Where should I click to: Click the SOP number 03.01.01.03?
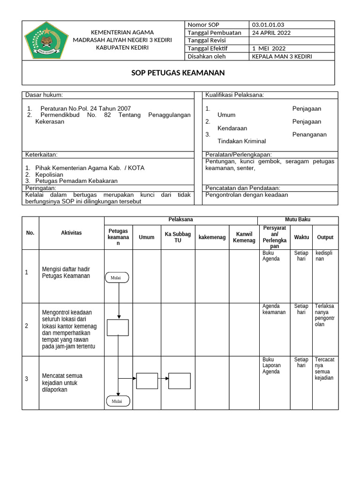[268, 25]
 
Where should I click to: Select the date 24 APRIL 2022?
[271, 33]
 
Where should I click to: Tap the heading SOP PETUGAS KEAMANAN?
[178, 73]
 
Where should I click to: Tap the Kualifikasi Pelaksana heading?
[234, 95]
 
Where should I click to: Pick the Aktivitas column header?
[71, 233]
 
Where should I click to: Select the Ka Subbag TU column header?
[178, 237]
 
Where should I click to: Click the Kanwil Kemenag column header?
[244, 237]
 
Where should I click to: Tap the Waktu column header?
[301, 237]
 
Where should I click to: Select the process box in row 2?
[118, 327]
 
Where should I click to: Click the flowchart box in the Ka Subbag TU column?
[180, 381]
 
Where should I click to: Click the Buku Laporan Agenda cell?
[272, 366]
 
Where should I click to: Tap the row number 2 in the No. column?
[27, 326]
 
